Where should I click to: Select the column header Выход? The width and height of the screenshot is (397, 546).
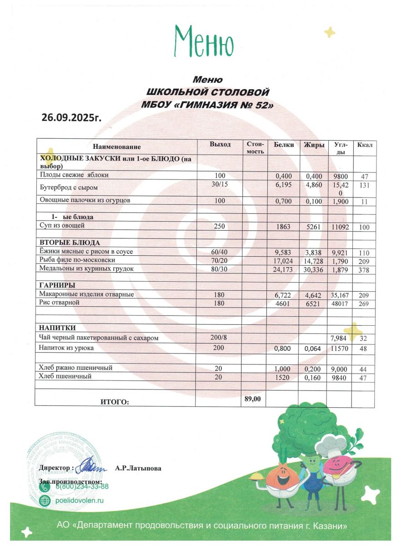[x=220, y=145]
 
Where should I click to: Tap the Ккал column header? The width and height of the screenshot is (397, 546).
[x=365, y=145]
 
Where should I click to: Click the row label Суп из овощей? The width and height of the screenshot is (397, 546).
[x=62, y=225]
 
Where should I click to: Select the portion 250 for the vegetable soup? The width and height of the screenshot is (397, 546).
[x=220, y=227]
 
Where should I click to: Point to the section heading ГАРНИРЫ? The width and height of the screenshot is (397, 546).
[x=57, y=285]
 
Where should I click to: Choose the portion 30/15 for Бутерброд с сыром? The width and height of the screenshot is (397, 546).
[x=220, y=184]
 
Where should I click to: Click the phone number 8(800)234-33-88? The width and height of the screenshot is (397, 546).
[x=82, y=486]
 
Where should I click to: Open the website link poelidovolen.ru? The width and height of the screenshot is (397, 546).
[x=80, y=500]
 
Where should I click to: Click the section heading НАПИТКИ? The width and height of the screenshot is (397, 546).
[x=57, y=328]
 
